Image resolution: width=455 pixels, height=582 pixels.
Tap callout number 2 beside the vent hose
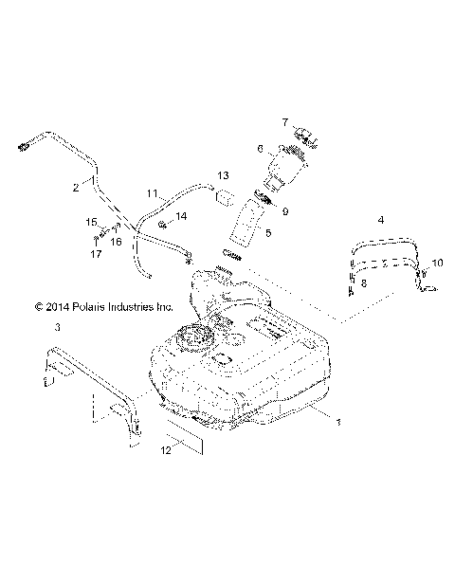75,188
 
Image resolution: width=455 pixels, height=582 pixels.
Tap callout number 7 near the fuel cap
257,121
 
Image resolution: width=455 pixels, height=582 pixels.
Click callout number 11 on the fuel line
153,193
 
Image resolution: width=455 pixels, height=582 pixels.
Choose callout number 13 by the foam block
224,176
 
